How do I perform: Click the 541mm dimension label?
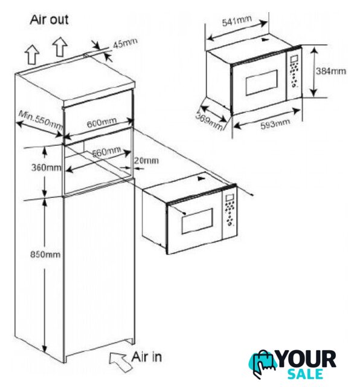(x=237, y=21)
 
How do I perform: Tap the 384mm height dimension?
(x=331, y=71)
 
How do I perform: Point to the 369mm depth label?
(x=209, y=121)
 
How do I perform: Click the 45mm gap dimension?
(x=125, y=44)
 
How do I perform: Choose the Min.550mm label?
(x=40, y=120)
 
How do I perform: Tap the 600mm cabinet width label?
(x=101, y=122)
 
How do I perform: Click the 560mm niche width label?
(x=106, y=152)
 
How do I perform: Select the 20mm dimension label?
(x=146, y=160)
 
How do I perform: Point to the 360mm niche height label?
(x=46, y=167)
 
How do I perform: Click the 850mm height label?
(x=45, y=254)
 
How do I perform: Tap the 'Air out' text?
(x=49, y=19)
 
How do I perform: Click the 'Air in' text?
(x=146, y=357)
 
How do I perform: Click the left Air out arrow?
(x=33, y=55)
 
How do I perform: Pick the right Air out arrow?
(x=60, y=47)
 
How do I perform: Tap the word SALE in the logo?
(x=305, y=374)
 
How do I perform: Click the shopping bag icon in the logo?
(x=263, y=363)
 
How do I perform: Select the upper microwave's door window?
(x=262, y=83)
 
